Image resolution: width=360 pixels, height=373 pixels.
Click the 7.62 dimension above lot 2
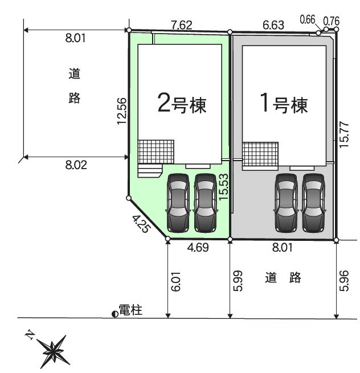pos(182,25)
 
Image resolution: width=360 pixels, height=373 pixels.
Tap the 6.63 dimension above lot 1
pos(273,25)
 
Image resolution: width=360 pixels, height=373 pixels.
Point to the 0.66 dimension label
pos(308,19)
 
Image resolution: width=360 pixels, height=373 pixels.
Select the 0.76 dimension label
pos(331,22)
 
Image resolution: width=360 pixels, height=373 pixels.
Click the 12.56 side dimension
pos(121,111)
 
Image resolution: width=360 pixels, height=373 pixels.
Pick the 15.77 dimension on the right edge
pos(344,134)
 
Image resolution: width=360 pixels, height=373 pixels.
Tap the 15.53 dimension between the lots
pos(223,187)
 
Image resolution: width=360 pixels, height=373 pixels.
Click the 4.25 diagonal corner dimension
pos(142,224)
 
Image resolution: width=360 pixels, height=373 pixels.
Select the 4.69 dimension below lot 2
pos(198,247)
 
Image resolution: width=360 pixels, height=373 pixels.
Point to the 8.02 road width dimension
pos(76,165)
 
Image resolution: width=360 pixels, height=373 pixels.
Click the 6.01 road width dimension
pos(177,282)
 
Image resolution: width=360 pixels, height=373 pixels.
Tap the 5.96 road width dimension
pos(344,281)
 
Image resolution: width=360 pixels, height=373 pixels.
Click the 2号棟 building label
pos(182,105)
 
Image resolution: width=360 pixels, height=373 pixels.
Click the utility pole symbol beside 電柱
pos(115,314)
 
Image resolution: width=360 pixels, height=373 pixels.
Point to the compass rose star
pos(53,351)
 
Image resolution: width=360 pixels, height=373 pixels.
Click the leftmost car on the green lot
pos(178,203)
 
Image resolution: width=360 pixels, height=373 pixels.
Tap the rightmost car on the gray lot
pos(313,203)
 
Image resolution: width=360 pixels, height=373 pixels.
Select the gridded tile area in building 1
pos(260,154)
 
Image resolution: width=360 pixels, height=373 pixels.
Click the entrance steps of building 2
pos(150,171)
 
